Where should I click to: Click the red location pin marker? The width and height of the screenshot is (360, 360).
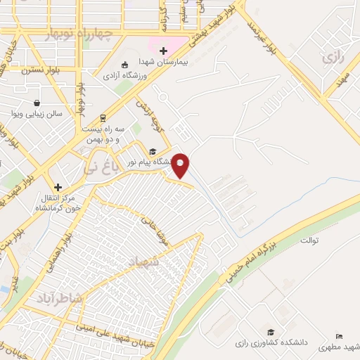coord(181,165)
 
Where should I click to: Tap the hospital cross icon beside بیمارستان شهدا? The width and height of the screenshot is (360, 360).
coord(164,51)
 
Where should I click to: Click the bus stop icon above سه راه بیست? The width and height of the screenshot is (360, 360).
coord(103,117)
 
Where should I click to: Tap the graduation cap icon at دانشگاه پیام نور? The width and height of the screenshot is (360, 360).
coord(152,151)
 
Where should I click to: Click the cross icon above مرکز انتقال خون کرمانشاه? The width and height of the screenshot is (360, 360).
coord(58,187)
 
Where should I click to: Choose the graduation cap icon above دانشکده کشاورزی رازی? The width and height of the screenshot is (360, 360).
coord(271,332)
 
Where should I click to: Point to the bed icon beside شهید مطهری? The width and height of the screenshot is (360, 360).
coord(340,337)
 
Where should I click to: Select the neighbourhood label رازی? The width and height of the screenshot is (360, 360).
coord(331,58)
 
